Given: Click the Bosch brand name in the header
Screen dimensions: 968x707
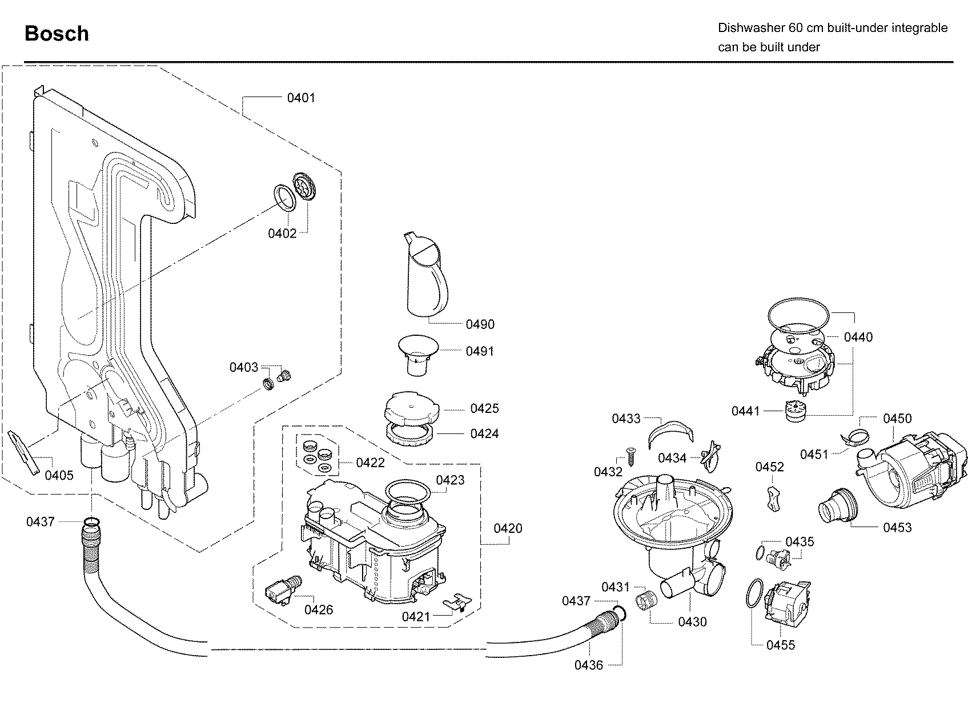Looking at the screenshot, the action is point(57,33).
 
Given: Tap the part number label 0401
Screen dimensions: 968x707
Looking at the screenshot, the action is point(301,98).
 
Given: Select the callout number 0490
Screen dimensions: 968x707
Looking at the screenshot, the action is point(480,324).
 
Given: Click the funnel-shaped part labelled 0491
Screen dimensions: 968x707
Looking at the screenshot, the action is point(418,355).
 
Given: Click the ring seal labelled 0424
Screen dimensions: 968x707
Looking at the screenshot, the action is point(409,434).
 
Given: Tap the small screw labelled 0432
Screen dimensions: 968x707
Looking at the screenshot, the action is point(630,456).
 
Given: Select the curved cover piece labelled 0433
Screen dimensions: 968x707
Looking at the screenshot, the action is point(670,433).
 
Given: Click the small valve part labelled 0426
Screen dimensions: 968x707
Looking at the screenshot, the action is point(283,590).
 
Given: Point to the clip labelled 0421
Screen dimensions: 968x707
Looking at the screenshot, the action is point(457,602).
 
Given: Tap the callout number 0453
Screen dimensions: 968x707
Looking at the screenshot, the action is point(897,527).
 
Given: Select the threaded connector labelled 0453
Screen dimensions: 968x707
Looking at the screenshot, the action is point(837,517).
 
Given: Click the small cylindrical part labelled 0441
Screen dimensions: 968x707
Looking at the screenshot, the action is point(795,411).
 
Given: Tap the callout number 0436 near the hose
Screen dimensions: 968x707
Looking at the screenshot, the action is point(588,665).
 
